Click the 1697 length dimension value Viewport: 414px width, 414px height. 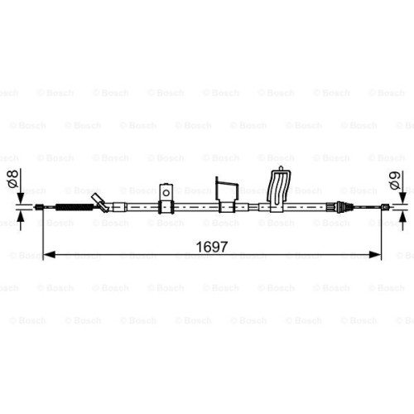(212, 247)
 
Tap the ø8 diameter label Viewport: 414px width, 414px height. (13, 179)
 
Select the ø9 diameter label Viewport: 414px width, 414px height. (395, 181)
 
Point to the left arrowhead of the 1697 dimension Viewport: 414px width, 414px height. (50, 255)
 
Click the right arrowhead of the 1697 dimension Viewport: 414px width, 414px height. (375, 255)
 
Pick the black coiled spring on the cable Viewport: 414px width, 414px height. (75, 207)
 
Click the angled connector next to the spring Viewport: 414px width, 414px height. (100, 203)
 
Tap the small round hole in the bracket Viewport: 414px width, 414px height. (166, 193)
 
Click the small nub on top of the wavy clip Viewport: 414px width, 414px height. (281, 168)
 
